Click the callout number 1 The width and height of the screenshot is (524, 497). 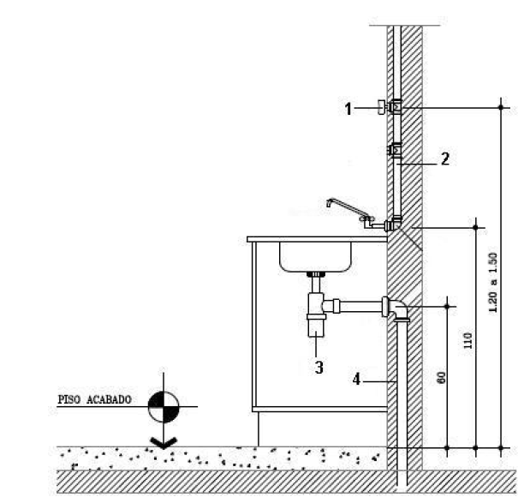(348, 108)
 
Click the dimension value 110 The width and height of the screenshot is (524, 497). (467, 341)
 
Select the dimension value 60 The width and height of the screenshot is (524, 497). (440, 376)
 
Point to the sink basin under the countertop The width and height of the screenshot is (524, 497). (314, 256)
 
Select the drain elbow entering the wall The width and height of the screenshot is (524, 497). (395, 308)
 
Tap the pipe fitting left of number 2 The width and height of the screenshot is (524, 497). (396, 151)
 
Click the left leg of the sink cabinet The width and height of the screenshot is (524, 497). (253, 343)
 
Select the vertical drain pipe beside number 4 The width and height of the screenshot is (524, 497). (400, 386)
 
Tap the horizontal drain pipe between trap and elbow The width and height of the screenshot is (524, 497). (360, 304)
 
